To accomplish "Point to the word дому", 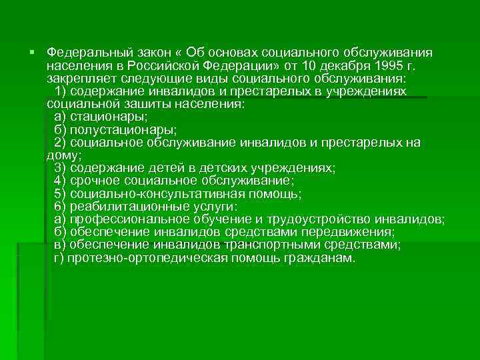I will (x=61, y=155).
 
